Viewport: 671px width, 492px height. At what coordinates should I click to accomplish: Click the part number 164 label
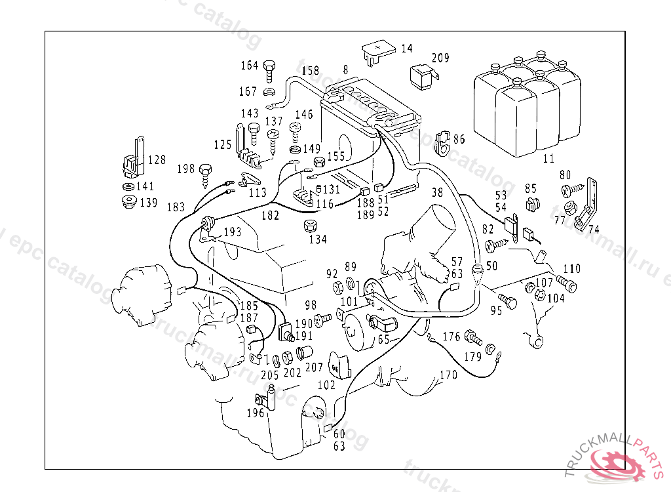pos(250,66)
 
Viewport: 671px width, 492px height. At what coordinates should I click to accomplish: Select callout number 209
pos(440,58)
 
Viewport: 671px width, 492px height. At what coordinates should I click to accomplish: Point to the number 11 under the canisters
pos(548,158)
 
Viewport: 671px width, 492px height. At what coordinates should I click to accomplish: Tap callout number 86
pos(459,139)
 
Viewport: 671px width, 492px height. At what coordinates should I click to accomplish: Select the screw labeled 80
pos(568,190)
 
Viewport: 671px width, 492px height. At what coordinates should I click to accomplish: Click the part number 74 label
pos(594,229)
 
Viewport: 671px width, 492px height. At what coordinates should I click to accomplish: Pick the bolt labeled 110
pos(567,284)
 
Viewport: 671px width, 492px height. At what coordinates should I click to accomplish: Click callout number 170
pos(448,376)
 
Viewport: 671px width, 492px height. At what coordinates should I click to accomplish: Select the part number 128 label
pos(157,159)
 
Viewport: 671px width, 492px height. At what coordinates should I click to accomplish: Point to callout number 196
pos(256,413)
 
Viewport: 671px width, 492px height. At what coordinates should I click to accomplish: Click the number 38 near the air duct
pos(437,193)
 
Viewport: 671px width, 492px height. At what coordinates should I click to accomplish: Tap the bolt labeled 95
pos(508,302)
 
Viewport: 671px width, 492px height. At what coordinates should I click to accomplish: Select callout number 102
pos(326,386)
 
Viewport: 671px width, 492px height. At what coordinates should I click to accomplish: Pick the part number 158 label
pos(310,71)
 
